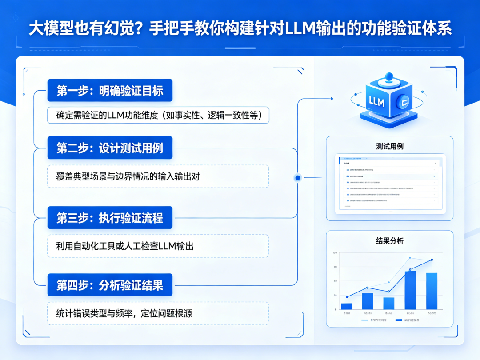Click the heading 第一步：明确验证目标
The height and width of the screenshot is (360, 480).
[x=110, y=91]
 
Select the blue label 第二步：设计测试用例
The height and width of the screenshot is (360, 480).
[x=110, y=148]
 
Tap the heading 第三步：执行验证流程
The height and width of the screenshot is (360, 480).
[x=110, y=218]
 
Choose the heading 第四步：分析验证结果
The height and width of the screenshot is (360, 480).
[x=110, y=285]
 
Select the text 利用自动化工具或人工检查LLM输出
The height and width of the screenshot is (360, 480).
[x=125, y=246]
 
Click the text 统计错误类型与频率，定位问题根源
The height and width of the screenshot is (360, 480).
[x=125, y=313]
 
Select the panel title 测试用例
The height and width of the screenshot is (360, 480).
[x=390, y=146]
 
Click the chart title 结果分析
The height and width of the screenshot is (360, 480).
[x=390, y=241]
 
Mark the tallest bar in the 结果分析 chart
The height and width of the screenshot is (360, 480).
[x=410, y=290]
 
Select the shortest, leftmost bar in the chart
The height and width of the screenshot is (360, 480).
[x=347, y=306]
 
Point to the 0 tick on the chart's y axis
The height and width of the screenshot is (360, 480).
[x=335, y=309]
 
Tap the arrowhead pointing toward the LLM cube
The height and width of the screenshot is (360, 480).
[x=331, y=99]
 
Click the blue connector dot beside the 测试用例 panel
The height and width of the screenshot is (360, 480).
[x=298, y=178]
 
